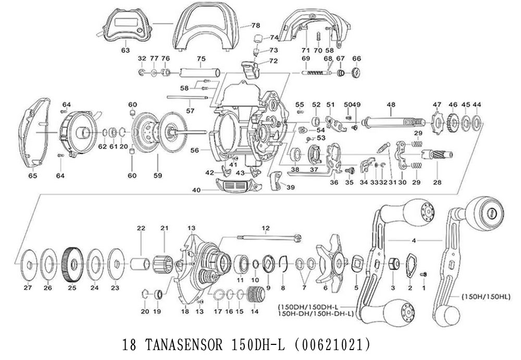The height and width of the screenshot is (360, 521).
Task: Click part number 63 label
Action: click(x=125, y=50)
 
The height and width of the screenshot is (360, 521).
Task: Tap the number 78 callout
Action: click(x=255, y=25)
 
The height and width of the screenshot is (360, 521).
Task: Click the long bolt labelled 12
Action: click(x=268, y=238)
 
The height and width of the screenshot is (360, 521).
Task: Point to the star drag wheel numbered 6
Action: click(x=334, y=259)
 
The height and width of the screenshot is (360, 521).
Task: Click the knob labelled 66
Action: click(x=357, y=73)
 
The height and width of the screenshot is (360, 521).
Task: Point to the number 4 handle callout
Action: click(x=413, y=240)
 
